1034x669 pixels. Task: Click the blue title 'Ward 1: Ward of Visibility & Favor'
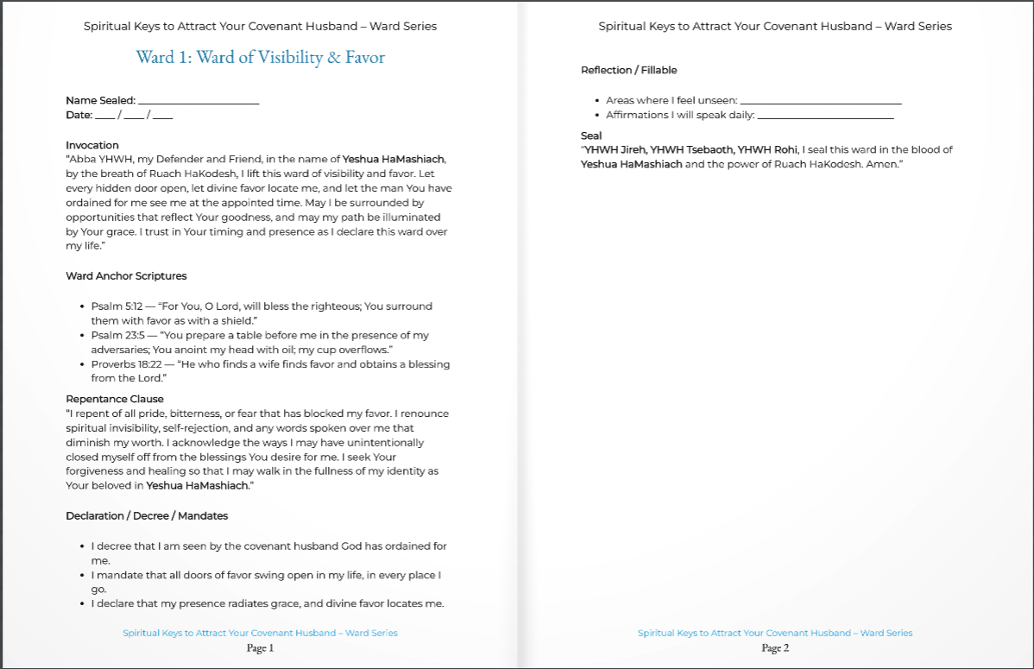click(x=260, y=58)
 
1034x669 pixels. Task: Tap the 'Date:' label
click(x=79, y=115)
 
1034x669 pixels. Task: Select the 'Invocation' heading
click(x=92, y=145)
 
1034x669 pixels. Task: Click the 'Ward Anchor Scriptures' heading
click(x=126, y=276)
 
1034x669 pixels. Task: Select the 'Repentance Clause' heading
click(x=115, y=399)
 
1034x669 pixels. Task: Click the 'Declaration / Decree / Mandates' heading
click(x=147, y=515)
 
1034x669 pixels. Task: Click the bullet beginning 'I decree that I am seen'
click(x=268, y=546)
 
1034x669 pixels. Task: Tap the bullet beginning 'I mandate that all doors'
click(x=267, y=575)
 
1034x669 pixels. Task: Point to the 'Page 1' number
click(x=260, y=648)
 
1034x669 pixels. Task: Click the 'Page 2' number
click(x=775, y=648)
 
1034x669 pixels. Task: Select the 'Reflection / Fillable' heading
click(x=628, y=70)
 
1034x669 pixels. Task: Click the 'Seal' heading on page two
click(x=591, y=136)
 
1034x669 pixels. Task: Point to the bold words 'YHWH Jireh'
click(x=615, y=149)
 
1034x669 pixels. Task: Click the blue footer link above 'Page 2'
click(x=775, y=633)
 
